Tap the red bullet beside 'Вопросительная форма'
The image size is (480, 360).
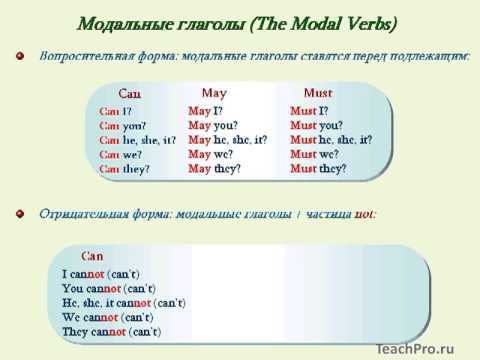point(20,56)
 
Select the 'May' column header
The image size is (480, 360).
point(214,92)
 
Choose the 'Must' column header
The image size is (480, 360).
point(318,92)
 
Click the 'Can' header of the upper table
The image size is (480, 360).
point(130,94)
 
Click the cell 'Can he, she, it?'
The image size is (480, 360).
point(138,140)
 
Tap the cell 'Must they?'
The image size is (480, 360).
point(318,169)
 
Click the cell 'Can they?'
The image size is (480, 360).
point(124,169)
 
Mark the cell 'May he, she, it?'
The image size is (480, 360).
point(227,140)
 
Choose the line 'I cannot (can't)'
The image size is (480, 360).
point(100,273)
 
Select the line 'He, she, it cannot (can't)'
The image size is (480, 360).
point(124,302)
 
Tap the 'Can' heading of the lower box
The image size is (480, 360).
point(92,256)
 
